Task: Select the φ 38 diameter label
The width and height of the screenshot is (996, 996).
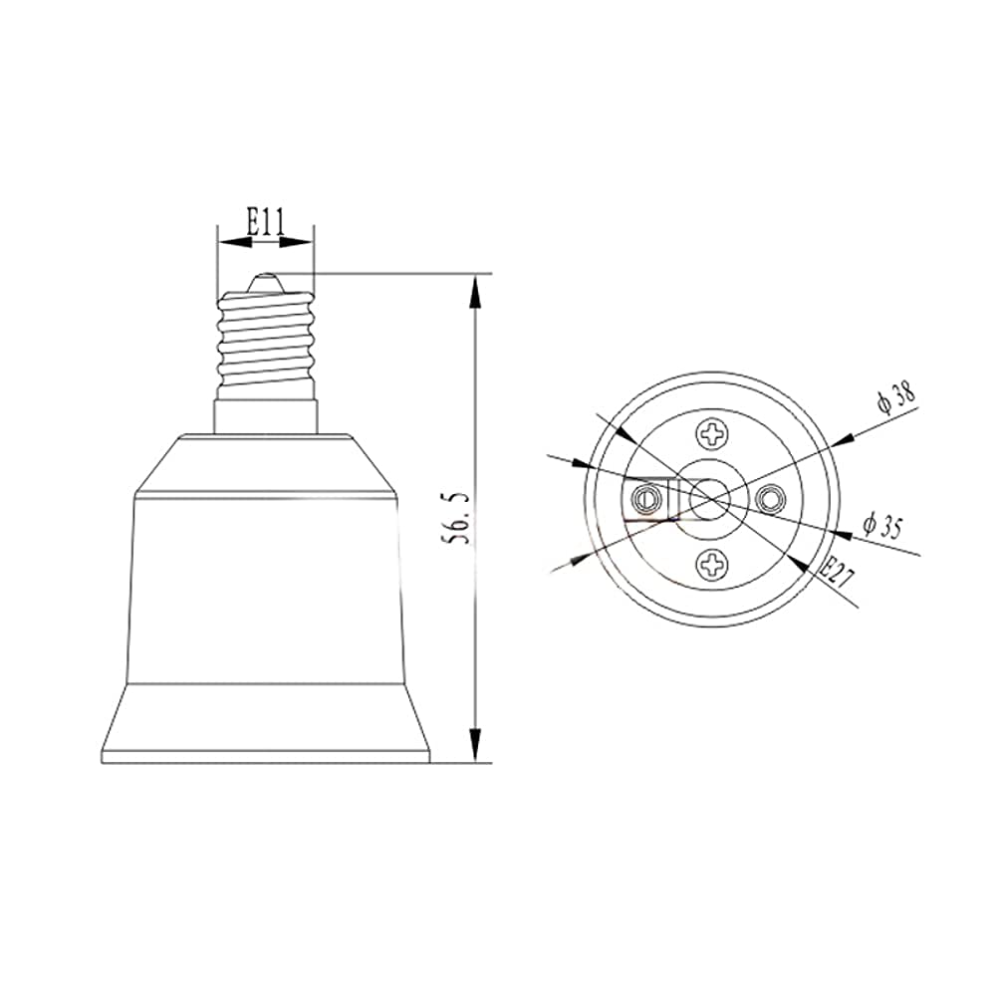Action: [896, 398]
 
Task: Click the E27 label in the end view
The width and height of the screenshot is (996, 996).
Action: [834, 574]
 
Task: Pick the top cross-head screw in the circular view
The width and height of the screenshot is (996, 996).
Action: [713, 433]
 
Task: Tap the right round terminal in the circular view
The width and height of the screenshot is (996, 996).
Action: [770, 498]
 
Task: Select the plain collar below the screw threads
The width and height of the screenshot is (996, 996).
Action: [266, 414]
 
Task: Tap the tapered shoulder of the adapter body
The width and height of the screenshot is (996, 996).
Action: [266, 463]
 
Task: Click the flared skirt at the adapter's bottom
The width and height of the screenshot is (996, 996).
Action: [266, 722]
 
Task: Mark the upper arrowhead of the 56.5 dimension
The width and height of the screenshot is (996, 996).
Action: [476, 285]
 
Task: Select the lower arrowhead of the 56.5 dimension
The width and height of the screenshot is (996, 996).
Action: [476, 751]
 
